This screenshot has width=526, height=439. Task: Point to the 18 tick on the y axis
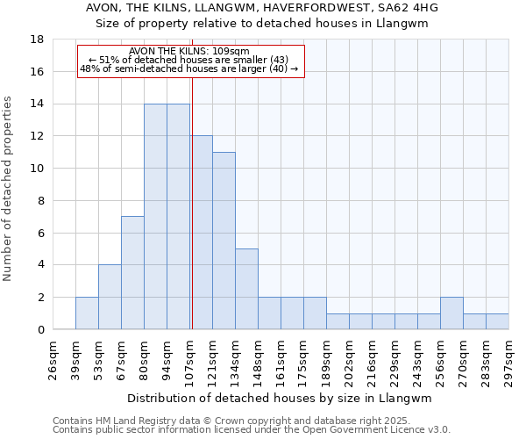(38, 40)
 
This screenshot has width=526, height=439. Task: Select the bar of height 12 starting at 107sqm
(202, 233)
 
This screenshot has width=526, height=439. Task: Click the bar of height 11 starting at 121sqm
(224, 241)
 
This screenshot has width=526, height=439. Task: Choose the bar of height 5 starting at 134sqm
(247, 289)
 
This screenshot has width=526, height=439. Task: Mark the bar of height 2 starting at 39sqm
(88, 313)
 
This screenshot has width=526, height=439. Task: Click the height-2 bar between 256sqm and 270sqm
(452, 313)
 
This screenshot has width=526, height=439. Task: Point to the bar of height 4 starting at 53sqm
(110, 297)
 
